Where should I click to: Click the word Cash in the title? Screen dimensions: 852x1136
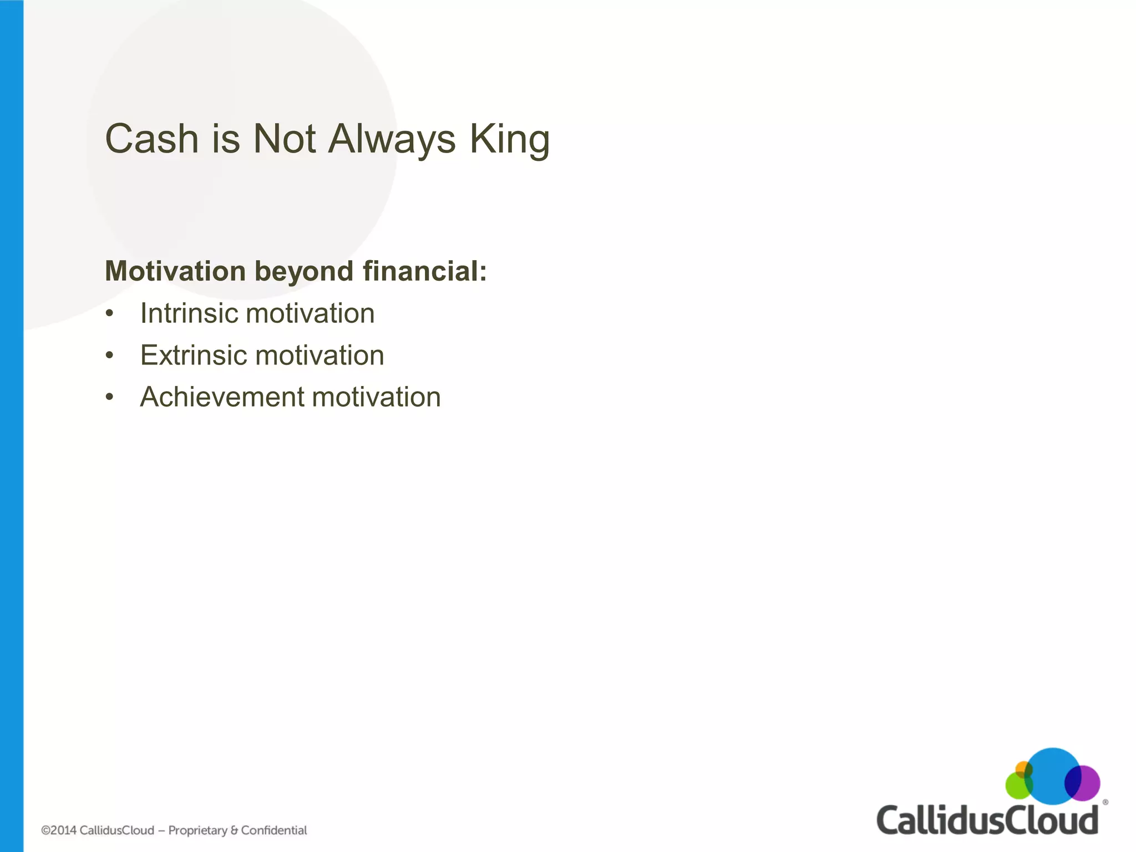point(151,139)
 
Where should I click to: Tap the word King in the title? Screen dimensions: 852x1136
point(509,139)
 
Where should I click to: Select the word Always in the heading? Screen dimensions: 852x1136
point(392,139)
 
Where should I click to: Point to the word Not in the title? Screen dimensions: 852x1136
point(284,139)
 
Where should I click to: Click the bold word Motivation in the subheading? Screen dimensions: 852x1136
point(175,271)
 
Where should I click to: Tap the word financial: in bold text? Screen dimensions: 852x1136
point(424,271)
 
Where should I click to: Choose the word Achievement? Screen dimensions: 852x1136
point(222,397)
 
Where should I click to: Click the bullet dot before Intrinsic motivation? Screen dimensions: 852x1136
point(110,314)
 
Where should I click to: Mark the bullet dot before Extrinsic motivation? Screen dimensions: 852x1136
point(110,356)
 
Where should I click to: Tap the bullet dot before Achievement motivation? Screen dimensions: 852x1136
point(110,398)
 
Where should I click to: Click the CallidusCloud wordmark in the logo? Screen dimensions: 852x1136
point(987,820)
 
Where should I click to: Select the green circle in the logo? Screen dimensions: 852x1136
point(1016,787)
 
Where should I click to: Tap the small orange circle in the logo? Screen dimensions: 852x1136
point(1022,769)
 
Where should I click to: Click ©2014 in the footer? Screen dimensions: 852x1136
point(58,830)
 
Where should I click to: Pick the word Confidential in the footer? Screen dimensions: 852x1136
point(273,830)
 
